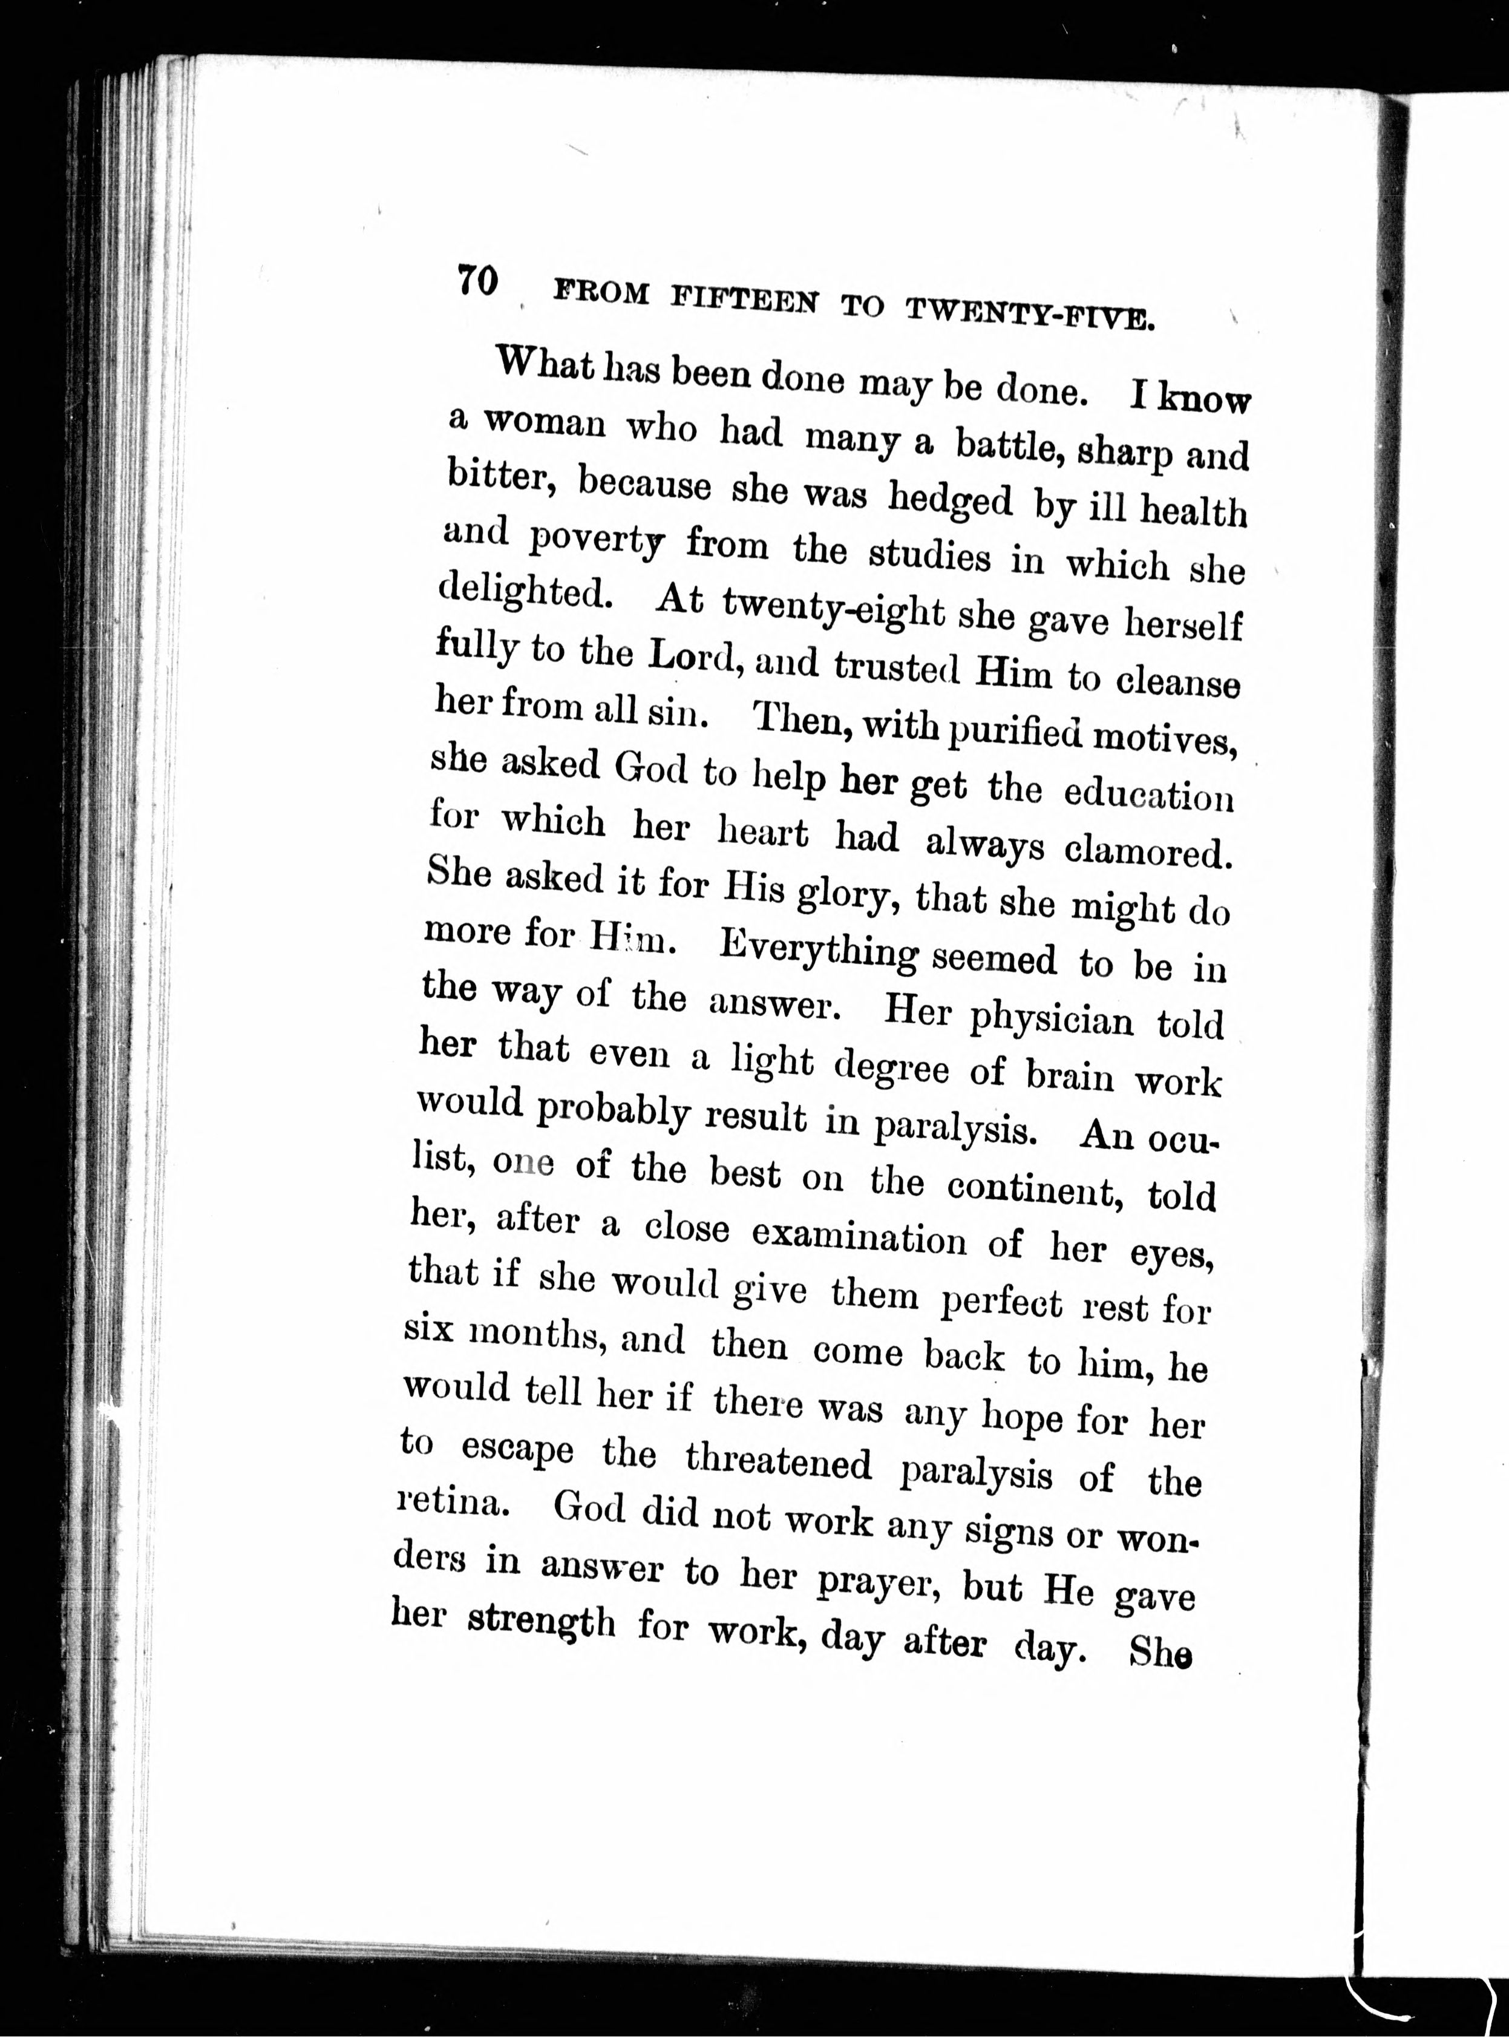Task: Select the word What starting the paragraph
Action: point(545,366)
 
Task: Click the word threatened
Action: point(779,1461)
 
